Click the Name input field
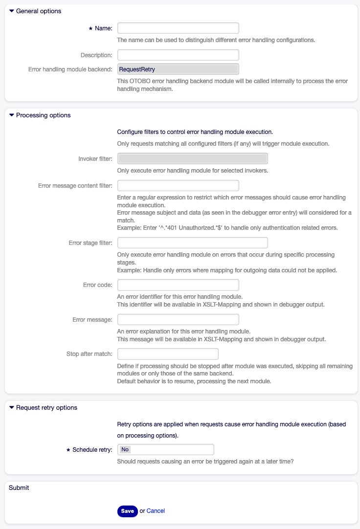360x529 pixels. (x=178, y=28)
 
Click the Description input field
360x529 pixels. (x=178, y=55)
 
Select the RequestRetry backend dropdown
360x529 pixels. (x=178, y=69)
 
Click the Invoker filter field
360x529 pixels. (x=192, y=158)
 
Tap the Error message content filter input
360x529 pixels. (x=178, y=186)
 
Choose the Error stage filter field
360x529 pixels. (x=192, y=243)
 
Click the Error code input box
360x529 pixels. (x=178, y=285)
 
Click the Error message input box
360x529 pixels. (x=178, y=320)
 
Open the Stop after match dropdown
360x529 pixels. (x=168, y=354)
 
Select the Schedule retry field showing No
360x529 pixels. (x=165, y=449)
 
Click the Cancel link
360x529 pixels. (x=156, y=511)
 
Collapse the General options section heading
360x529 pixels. (x=38, y=11)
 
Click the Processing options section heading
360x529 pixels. (x=43, y=115)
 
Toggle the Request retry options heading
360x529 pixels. (x=46, y=407)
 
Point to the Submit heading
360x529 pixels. (x=19, y=487)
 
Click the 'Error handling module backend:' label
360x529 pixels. (x=70, y=69)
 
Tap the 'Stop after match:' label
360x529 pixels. (x=90, y=354)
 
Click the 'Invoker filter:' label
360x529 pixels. (x=95, y=159)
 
